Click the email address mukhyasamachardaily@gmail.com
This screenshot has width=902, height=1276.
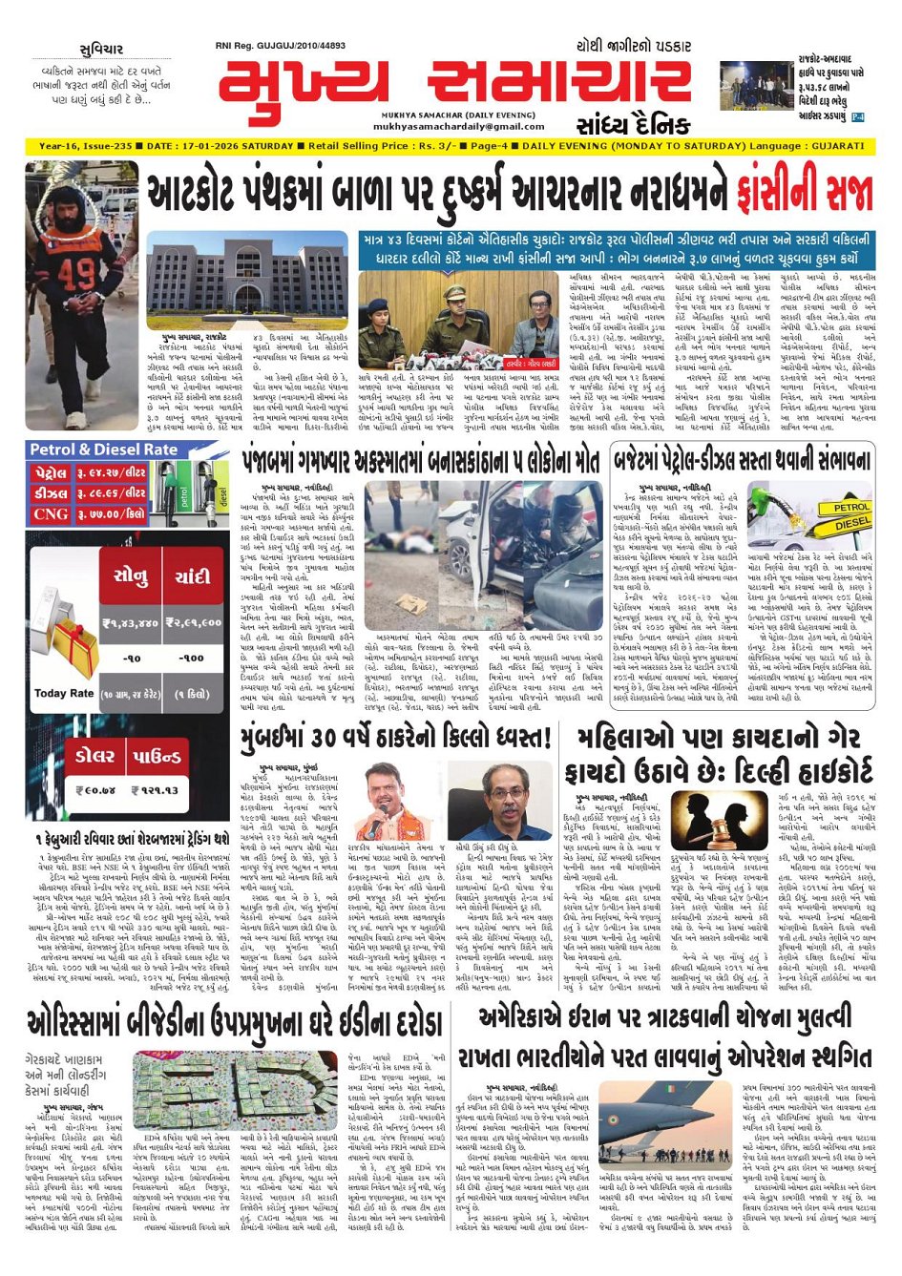(x=445, y=126)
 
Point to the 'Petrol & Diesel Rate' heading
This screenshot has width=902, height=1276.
(x=103, y=450)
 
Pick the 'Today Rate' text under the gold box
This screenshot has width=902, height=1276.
(x=64, y=693)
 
